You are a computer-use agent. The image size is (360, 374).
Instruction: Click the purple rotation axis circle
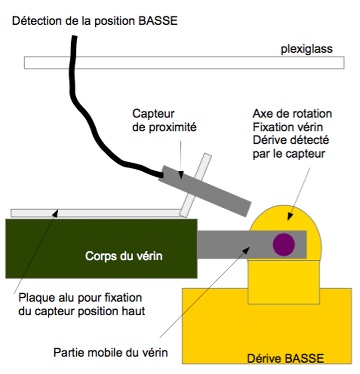coord(283,244)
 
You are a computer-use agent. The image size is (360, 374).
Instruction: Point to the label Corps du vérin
coord(124,257)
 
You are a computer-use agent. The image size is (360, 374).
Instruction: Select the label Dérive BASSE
coord(286,358)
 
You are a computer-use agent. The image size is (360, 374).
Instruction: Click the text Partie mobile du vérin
coord(111,352)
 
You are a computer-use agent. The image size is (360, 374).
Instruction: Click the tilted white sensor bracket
coord(196,185)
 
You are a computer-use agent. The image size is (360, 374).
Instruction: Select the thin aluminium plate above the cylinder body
coord(95,213)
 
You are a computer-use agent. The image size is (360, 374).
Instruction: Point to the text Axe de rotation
coord(292,114)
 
